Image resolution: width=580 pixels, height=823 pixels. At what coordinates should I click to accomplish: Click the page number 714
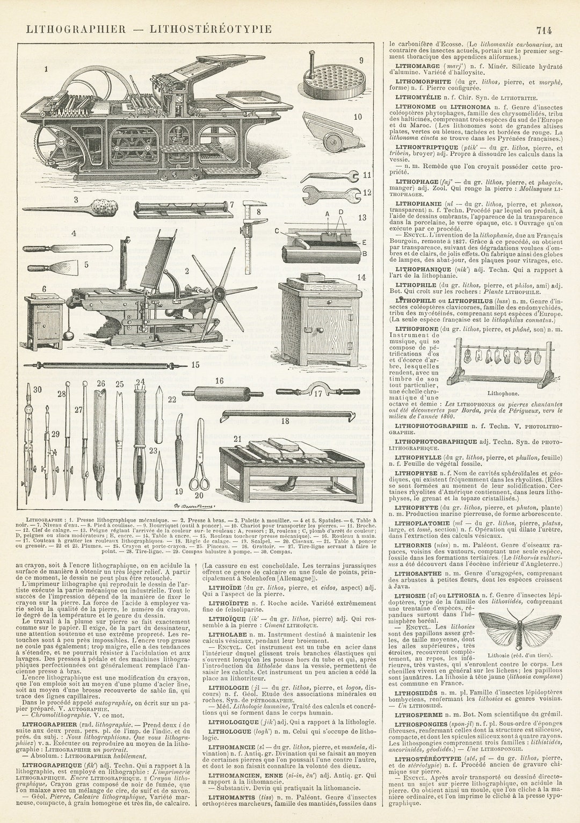(x=543, y=30)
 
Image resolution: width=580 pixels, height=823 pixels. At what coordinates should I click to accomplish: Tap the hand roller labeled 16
(x=222, y=393)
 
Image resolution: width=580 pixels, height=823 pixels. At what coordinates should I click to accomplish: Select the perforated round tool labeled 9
(x=334, y=80)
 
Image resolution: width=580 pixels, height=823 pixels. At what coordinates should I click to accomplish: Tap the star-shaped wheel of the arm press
(x=219, y=293)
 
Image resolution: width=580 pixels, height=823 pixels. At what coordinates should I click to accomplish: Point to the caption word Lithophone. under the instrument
(x=503, y=394)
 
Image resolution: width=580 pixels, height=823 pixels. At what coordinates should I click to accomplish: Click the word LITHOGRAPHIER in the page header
(x=76, y=29)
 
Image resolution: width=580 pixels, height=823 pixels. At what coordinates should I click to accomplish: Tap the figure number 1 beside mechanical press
(x=46, y=69)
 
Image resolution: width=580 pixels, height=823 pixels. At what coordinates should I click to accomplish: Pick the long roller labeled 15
(x=105, y=366)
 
